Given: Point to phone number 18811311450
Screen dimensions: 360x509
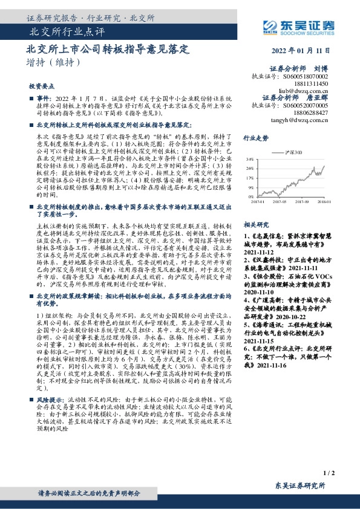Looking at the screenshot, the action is pos(315,84).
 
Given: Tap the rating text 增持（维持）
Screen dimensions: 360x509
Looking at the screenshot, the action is pos(53,62).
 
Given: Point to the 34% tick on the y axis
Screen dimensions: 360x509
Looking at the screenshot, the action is pos(250,167).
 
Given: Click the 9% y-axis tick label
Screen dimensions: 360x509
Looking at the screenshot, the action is pos(250,187).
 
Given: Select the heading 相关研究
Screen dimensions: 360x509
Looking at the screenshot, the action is pos(255,223).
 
